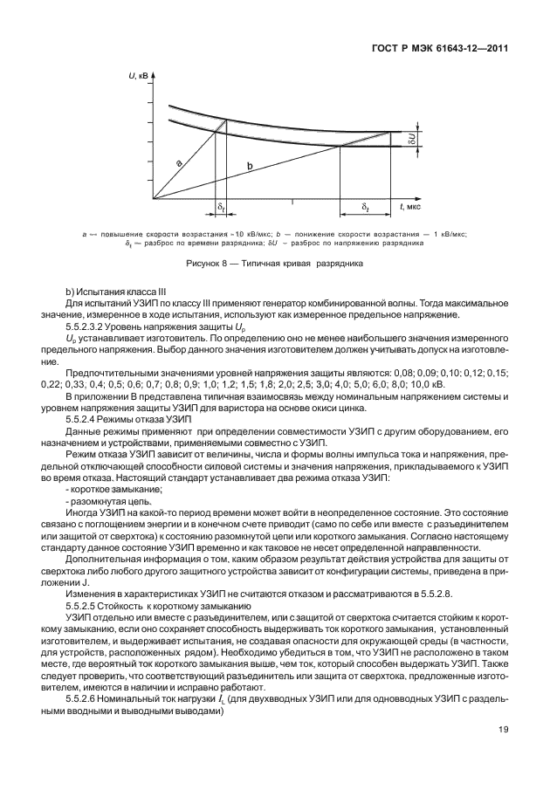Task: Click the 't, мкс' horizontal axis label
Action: pos(410,207)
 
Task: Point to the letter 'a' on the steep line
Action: pos(179,163)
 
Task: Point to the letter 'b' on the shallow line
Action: pos(250,165)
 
